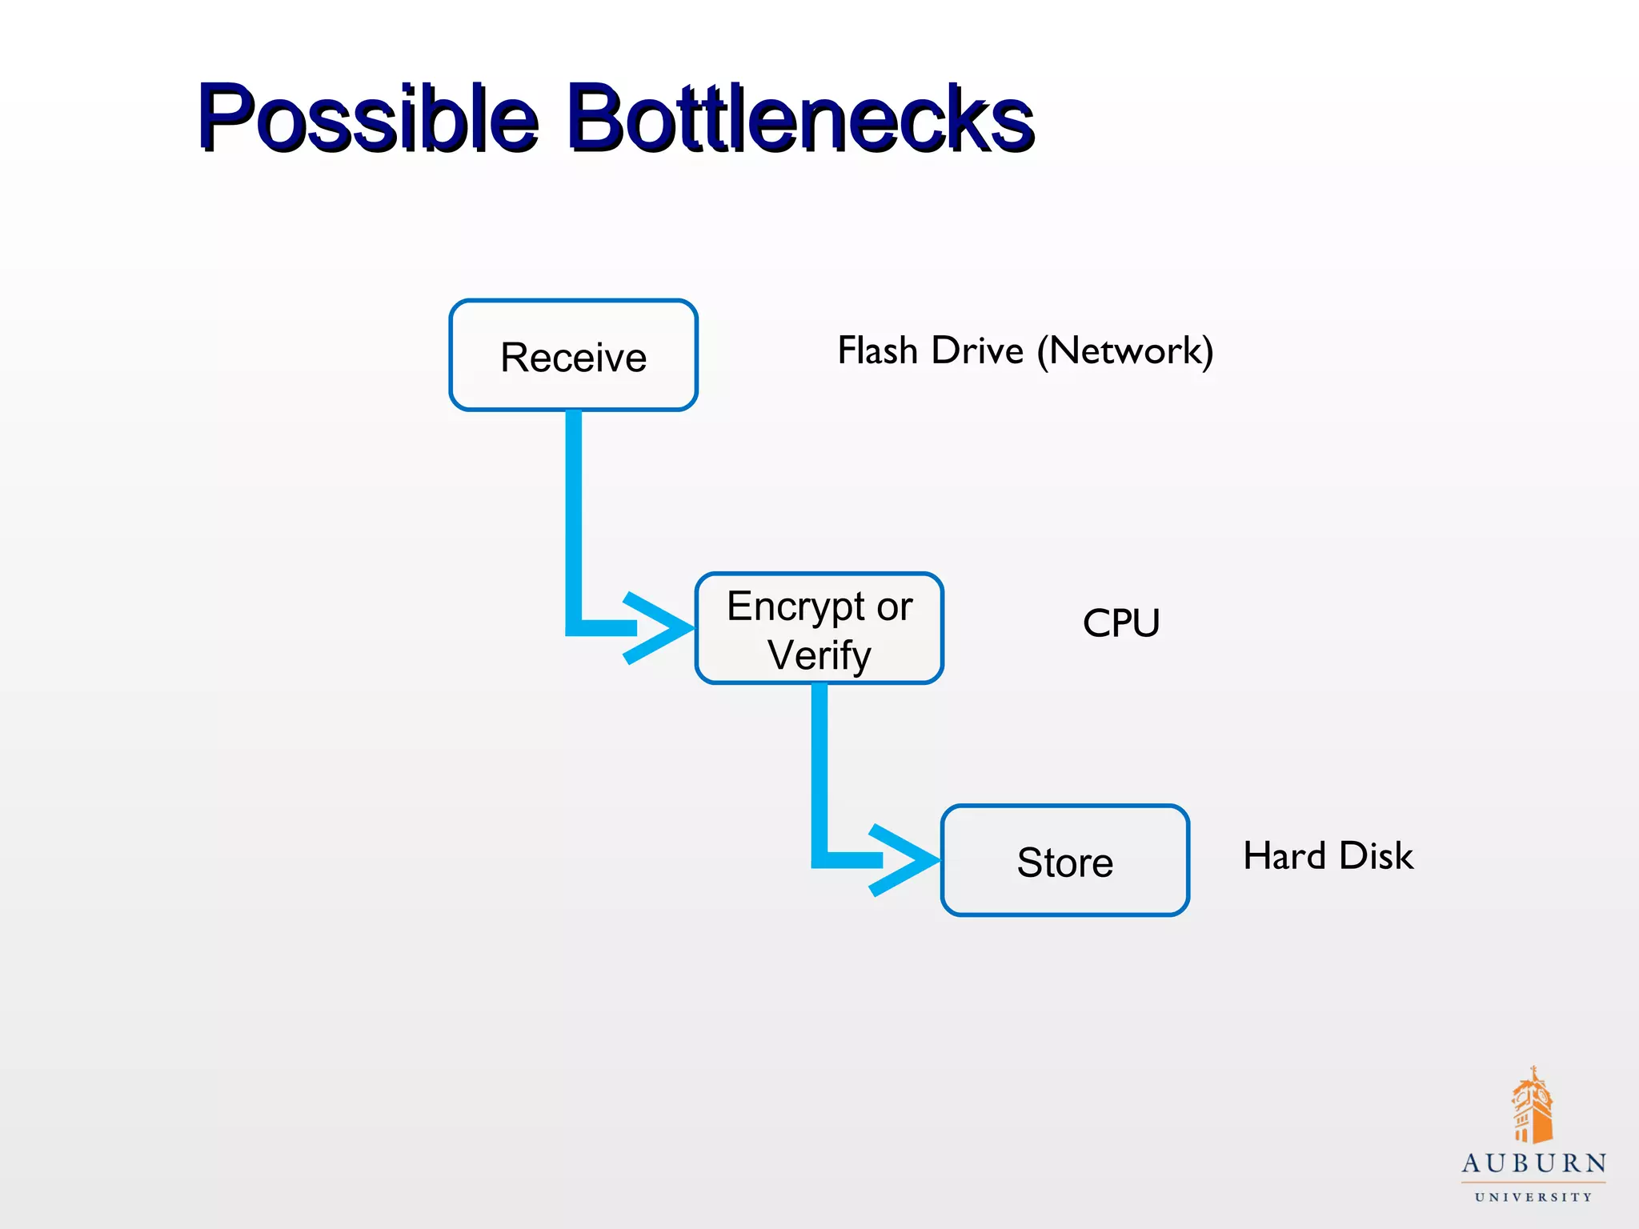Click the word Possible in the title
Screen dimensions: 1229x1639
pos(368,118)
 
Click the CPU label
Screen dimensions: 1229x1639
pos(1120,623)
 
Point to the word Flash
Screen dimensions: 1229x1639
pos(877,350)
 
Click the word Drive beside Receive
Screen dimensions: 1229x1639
pos(977,350)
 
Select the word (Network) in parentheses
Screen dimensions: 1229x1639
pos(1125,350)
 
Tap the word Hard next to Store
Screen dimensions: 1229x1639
pos(1284,855)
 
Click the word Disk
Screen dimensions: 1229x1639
pos(1377,855)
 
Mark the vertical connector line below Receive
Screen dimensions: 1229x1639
pos(574,512)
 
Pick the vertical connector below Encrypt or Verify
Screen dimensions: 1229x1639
pos(819,768)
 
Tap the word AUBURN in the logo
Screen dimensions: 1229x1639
pos(1533,1163)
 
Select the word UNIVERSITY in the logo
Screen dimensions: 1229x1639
pos(1533,1198)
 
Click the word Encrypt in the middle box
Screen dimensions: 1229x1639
pos(795,606)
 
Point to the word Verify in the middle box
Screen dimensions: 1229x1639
pos(819,655)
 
